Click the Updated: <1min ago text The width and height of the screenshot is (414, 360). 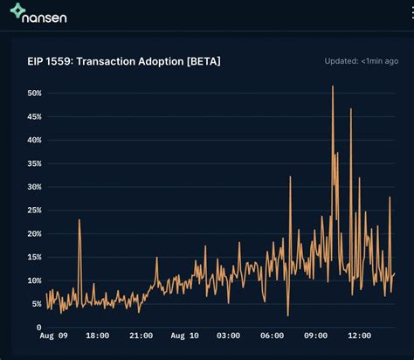tap(361, 61)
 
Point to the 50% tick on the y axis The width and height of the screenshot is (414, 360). tap(34, 93)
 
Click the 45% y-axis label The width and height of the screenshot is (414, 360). tap(34, 116)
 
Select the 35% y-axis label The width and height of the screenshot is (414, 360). tap(34, 163)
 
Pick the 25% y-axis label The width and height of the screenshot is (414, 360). tap(34, 211)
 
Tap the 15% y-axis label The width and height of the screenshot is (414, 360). tap(34, 257)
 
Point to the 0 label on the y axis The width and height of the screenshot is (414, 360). tap(38, 328)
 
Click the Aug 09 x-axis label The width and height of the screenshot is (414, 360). tap(54, 336)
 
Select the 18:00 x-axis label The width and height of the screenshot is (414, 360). tap(97, 336)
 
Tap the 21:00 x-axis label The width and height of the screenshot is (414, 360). tap(141, 336)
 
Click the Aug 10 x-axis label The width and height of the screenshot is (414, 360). tap(184, 336)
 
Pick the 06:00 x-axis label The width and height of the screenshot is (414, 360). tap(272, 336)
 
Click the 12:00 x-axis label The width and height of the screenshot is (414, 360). tap(359, 336)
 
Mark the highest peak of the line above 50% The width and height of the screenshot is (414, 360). tap(333, 87)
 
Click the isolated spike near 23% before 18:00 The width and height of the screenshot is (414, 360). tap(79, 220)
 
